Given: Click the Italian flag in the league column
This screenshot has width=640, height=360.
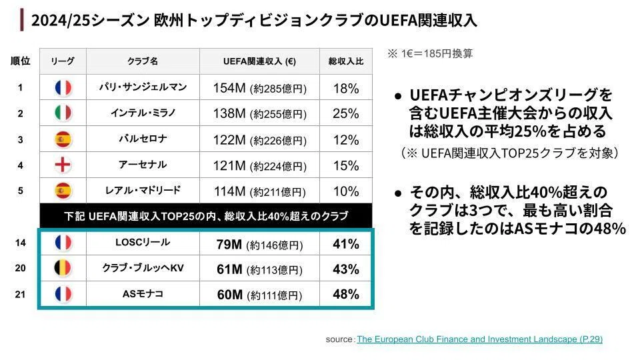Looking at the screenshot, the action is pos(63,113).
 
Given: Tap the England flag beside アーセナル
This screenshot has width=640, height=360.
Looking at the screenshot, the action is pos(63,165).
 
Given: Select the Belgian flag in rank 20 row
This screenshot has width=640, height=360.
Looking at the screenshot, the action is pos(63,268).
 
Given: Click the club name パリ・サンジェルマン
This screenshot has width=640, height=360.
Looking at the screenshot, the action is pos(143,87).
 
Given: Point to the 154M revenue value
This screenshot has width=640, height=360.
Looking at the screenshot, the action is pos(229,88).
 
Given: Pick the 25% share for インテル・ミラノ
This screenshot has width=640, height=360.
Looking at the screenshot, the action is pos(346,113).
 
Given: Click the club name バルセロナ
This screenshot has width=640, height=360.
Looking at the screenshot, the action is pos(143,139).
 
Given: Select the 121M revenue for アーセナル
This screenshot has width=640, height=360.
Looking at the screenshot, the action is pos(229,166).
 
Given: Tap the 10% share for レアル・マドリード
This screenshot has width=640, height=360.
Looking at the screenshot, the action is pos(346,191).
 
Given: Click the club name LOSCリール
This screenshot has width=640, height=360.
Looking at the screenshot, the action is pos(143,242).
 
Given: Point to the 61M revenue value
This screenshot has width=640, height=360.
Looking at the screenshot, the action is pos(229,269).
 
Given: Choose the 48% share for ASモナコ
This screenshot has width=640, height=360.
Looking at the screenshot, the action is pos(346,294).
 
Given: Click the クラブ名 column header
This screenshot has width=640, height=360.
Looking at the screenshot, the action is pos(143,61).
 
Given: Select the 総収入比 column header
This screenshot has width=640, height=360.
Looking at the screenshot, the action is pos(346,61).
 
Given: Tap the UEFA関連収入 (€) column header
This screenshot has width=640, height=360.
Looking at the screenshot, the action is pos(259,61).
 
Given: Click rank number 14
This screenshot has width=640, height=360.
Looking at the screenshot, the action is pos(21,243).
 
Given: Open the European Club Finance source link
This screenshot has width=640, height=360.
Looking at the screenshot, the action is pos(479,339).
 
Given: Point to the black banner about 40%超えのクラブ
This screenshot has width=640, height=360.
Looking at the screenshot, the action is pos(206,215).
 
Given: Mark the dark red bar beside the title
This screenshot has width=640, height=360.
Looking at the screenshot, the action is pos(21,20).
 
